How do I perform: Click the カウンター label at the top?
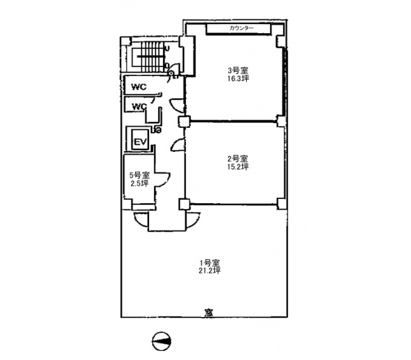click(x=241, y=28)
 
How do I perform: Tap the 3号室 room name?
click(x=238, y=70)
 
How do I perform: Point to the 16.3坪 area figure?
click(x=238, y=78)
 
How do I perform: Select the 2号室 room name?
click(x=237, y=159)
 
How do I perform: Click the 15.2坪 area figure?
click(x=237, y=166)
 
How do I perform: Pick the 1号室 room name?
click(x=209, y=262)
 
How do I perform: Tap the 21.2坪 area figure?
click(x=209, y=270)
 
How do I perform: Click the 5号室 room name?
click(x=139, y=175)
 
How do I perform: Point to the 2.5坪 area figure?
click(x=139, y=183)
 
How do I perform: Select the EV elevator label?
click(x=140, y=142)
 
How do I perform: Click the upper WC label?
click(x=139, y=87)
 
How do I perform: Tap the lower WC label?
click(x=139, y=107)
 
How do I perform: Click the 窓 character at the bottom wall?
click(x=209, y=313)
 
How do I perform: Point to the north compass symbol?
click(x=162, y=341)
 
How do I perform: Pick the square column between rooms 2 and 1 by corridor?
click(x=184, y=204)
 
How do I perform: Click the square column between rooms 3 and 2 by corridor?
click(x=184, y=122)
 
